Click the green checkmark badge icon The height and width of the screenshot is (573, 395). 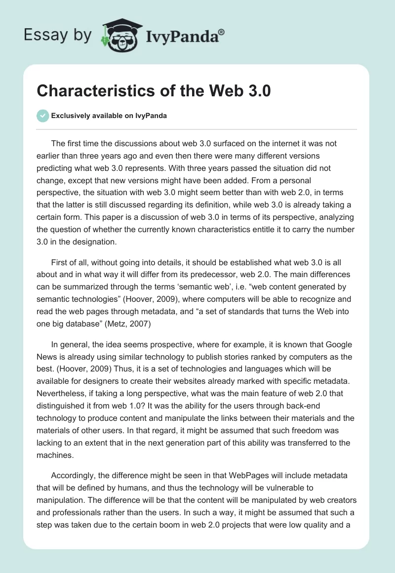pyautogui.click(x=42, y=116)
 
